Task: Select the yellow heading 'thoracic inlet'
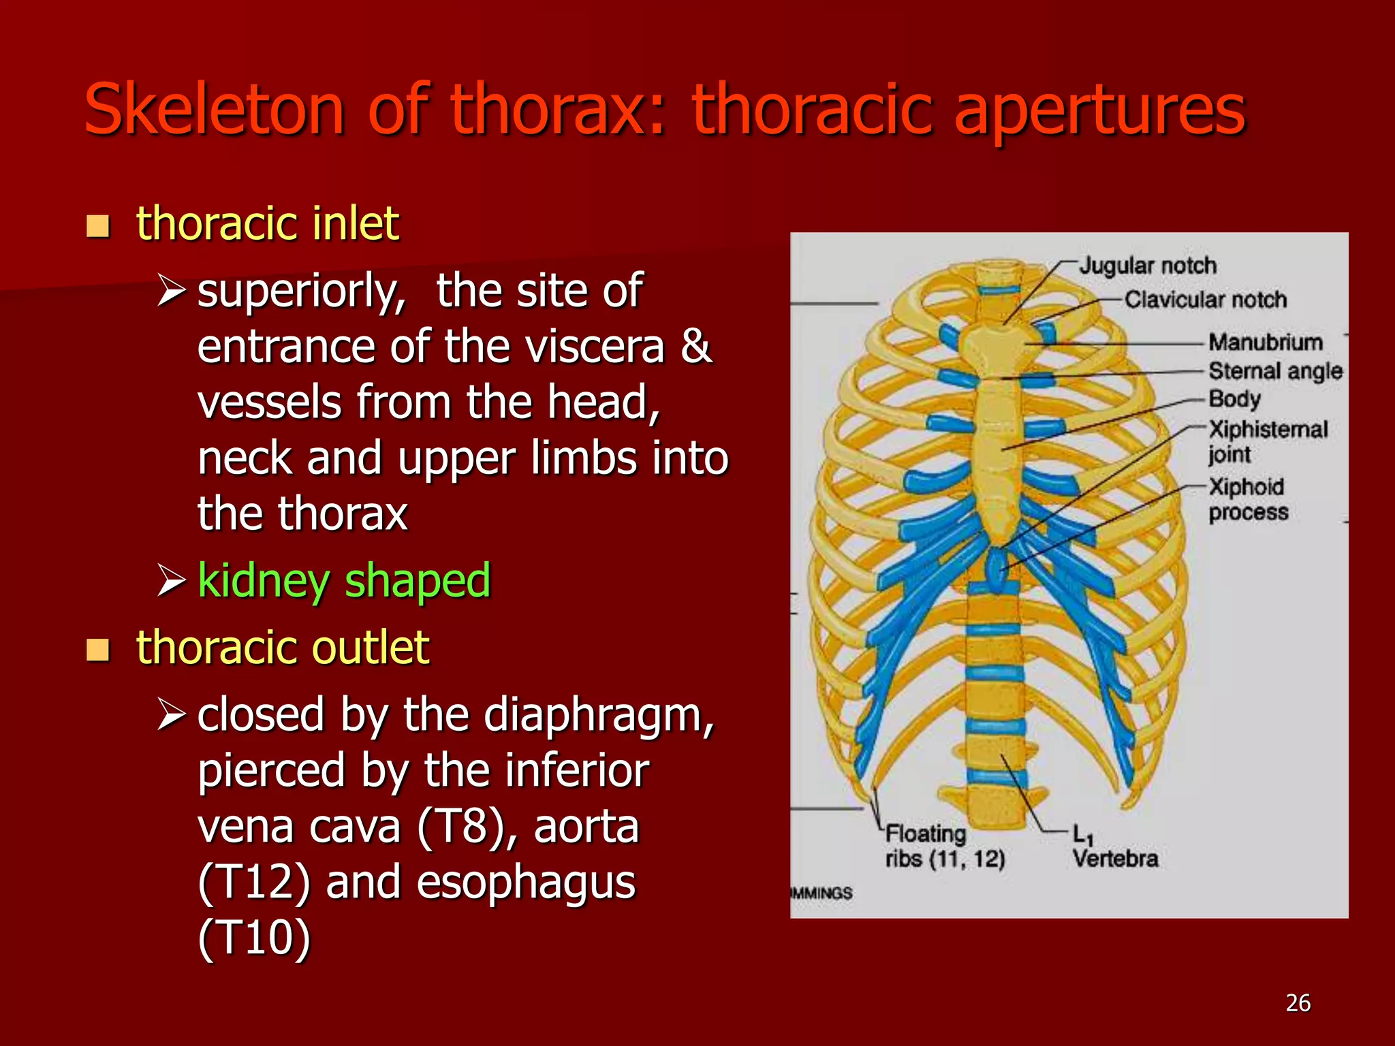point(267,223)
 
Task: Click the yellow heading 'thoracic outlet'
point(282,647)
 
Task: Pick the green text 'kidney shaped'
point(343,581)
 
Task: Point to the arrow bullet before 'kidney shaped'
point(171,580)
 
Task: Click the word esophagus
point(525,883)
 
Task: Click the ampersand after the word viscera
point(695,346)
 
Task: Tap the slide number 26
point(1298,1003)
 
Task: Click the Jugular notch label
point(1148,266)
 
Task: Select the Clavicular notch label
point(1205,300)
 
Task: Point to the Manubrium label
point(1265,342)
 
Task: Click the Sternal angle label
point(1275,371)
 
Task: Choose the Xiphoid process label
point(1248,499)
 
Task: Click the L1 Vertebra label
point(1114,846)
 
